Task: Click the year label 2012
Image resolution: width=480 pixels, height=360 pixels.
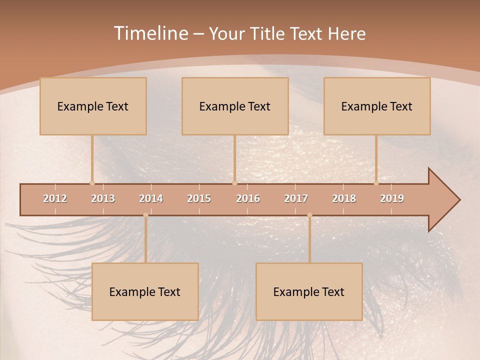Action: pos(55,198)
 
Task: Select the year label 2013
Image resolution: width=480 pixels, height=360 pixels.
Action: pos(103,198)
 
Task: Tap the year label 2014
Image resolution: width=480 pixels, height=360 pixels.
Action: pos(151,198)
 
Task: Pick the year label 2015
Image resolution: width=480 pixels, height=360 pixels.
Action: pos(199,198)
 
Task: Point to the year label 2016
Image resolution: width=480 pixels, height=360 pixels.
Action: pos(248,198)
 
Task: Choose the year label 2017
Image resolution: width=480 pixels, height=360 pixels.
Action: pos(296,198)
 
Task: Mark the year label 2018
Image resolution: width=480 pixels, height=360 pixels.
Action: pos(344,198)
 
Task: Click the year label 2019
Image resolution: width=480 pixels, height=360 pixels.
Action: pos(392,198)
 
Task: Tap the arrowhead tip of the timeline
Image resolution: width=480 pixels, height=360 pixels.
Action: pos(458,200)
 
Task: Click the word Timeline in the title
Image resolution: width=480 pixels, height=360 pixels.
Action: pos(150,33)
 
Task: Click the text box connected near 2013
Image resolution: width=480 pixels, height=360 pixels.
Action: pos(93,106)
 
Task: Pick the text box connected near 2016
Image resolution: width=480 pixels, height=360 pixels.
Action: pos(235,106)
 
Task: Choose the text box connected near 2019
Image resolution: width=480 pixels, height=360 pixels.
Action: pos(377,106)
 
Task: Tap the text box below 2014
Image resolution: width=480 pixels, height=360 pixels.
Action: pos(145,291)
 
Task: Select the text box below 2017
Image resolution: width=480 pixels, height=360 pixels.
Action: pos(309,291)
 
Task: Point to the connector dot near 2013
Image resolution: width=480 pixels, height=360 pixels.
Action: pos(92,183)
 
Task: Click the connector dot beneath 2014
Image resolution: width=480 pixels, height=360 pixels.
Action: pos(145,215)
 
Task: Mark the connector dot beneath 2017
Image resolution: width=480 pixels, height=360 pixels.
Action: pos(309,215)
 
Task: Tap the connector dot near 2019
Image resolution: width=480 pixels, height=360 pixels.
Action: pos(376,183)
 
